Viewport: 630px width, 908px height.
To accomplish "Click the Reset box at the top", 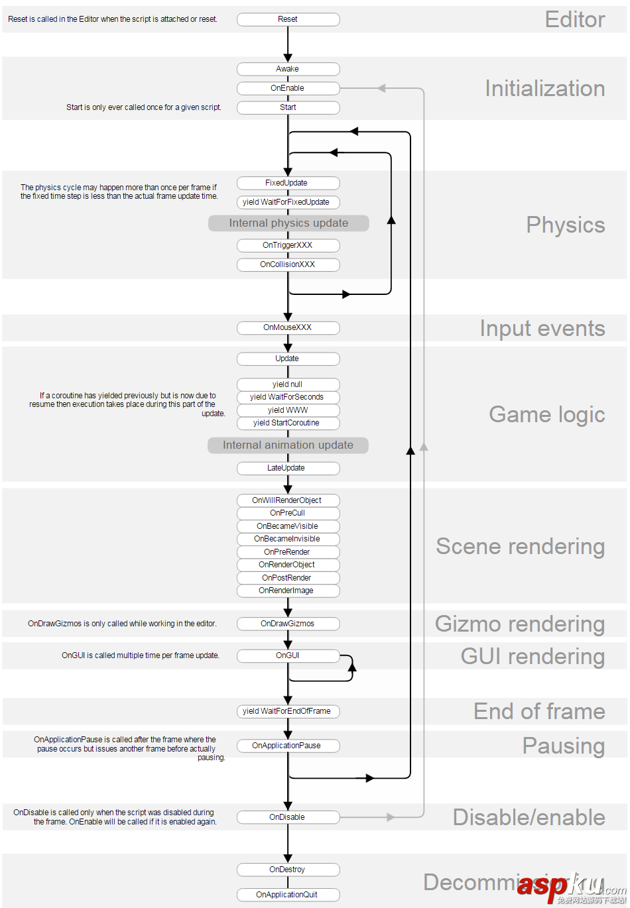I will point(288,19).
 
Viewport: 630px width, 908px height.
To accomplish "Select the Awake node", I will point(288,69).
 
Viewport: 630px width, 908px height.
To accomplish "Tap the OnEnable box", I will point(288,88).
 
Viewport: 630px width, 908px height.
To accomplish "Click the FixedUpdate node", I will point(288,183).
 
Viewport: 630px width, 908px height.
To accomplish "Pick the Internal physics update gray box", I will point(288,223).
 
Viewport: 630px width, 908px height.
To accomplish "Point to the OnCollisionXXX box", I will point(288,264).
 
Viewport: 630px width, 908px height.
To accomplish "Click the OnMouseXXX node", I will point(288,327).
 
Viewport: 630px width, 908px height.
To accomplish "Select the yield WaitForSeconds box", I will point(288,397).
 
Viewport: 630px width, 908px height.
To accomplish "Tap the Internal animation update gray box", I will point(288,445).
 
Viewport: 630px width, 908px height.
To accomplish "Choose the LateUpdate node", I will point(288,468).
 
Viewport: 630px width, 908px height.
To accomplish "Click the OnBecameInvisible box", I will point(288,539).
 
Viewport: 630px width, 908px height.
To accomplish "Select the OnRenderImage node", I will point(288,591).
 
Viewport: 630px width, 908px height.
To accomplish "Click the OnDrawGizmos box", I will point(288,624).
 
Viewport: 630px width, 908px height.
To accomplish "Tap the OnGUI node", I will point(288,655).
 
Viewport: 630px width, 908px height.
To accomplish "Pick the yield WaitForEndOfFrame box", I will point(288,711).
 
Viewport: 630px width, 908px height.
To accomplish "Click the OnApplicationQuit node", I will point(288,895).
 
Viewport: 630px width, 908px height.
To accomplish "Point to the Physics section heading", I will point(565,225).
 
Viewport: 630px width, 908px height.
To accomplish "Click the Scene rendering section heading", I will point(520,547).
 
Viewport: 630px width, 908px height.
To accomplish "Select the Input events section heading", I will point(542,329).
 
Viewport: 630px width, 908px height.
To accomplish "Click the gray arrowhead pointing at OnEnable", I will point(381,88).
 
